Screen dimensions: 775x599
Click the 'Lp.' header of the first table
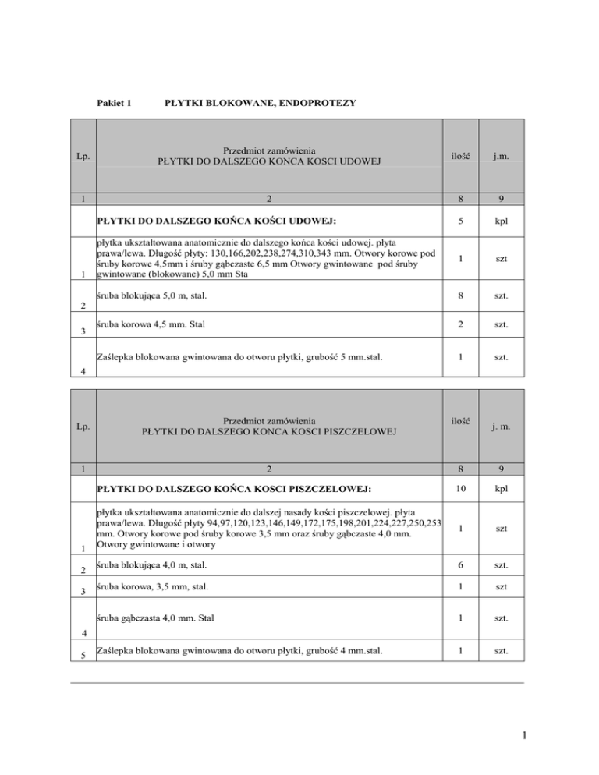82,157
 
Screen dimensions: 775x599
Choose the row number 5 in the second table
82,654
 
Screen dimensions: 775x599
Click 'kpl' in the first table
501,221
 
